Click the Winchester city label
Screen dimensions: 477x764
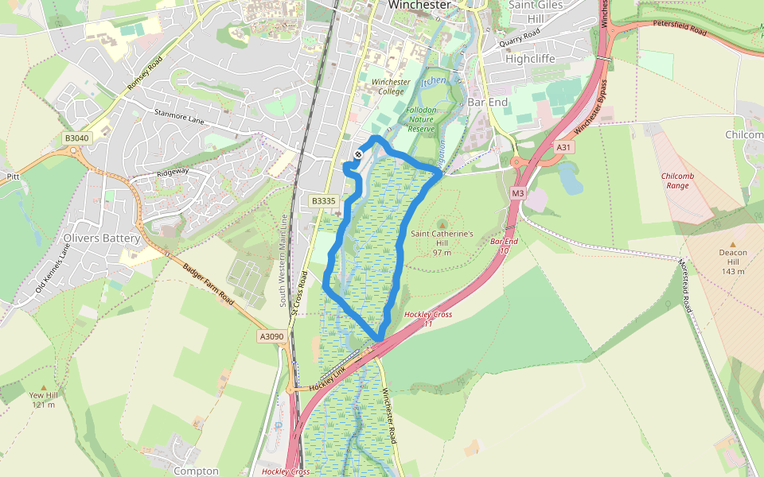point(419,5)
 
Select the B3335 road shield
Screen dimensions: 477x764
point(323,201)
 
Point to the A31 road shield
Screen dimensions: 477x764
point(563,147)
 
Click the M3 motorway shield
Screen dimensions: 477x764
point(518,193)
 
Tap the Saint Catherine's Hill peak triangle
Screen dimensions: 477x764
point(442,225)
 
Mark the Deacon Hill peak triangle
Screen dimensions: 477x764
point(733,244)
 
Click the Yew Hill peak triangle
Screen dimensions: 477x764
point(43,387)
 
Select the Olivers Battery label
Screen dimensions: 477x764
point(101,238)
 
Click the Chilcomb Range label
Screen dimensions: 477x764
point(674,180)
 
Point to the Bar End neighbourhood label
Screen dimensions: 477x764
point(486,103)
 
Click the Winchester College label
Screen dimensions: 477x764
point(390,87)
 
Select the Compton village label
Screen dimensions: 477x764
point(196,471)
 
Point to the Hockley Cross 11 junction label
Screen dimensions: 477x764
point(428,319)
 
